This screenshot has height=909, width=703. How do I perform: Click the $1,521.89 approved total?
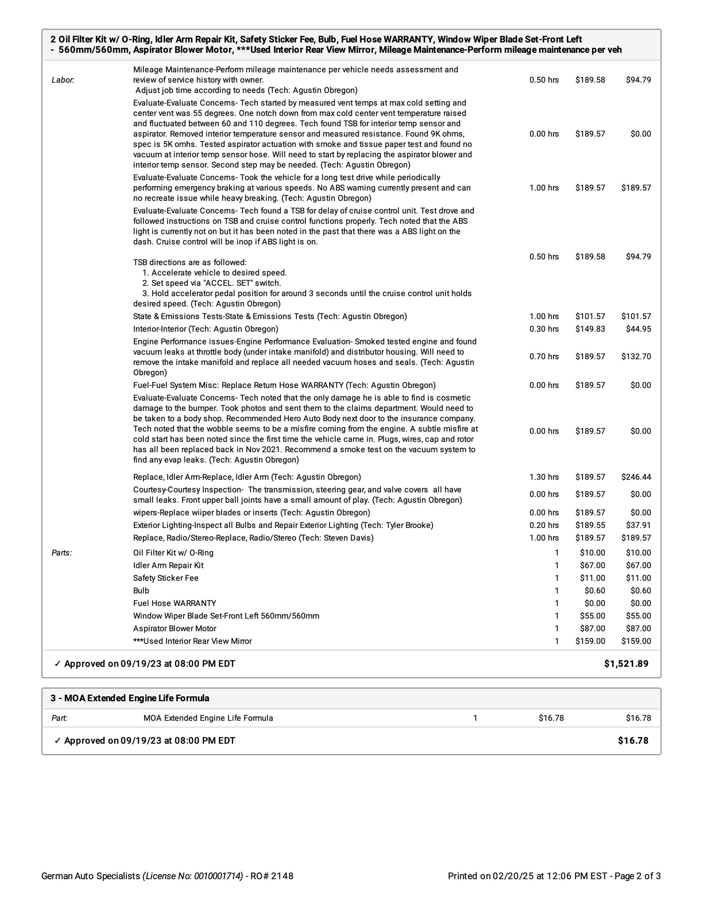(x=626, y=663)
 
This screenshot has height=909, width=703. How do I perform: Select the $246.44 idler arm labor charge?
(x=636, y=477)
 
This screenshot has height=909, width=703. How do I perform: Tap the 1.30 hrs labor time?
(x=544, y=477)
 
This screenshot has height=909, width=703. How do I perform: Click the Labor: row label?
(x=63, y=80)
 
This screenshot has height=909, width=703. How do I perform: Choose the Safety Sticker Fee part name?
(x=166, y=578)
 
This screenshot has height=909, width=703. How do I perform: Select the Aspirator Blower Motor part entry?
(x=174, y=628)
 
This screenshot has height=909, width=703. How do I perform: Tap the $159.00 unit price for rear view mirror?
(x=590, y=641)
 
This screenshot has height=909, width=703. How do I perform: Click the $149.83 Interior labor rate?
(x=590, y=329)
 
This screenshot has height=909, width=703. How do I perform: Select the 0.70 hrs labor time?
(x=544, y=356)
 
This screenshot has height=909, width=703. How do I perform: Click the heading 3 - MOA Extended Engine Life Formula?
(x=130, y=698)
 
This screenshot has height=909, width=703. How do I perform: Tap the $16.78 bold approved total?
(x=633, y=741)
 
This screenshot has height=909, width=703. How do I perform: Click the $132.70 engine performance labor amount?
(x=636, y=356)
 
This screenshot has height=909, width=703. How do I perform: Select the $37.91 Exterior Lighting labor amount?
(x=638, y=525)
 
